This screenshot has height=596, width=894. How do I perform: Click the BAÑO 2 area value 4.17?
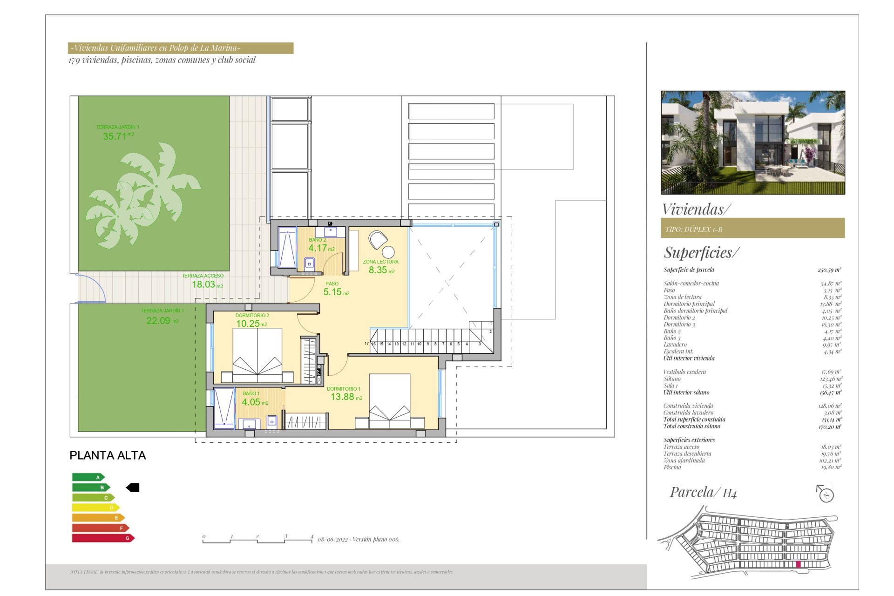(x=318, y=248)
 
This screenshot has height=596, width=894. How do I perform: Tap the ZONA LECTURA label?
(x=380, y=262)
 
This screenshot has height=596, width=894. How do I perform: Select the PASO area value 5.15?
(x=332, y=292)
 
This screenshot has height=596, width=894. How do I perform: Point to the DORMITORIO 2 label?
(x=252, y=315)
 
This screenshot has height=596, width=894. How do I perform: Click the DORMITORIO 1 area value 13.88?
(x=342, y=397)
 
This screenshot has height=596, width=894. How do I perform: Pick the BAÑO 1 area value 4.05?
(x=251, y=402)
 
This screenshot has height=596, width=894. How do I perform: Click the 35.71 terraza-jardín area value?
(x=115, y=136)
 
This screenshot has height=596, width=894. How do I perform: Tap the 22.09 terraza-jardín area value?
(x=158, y=321)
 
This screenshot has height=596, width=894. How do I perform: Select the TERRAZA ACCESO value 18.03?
(x=203, y=284)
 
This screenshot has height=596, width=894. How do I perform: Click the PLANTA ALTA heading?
(x=108, y=455)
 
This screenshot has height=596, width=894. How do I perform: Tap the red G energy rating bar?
(x=103, y=538)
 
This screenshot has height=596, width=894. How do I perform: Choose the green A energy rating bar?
(x=88, y=477)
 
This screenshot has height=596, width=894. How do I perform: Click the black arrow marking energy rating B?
(x=133, y=488)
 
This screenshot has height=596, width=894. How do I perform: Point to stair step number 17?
(x=366, y=344)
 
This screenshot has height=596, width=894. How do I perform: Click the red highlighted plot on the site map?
(x=798, y=565)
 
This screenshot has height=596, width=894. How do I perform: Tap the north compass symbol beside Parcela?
(x=826, y=494)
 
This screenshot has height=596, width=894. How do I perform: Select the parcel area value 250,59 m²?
(x=829, y=270)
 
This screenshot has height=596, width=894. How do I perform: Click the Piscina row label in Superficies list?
(x=672, y=467)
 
